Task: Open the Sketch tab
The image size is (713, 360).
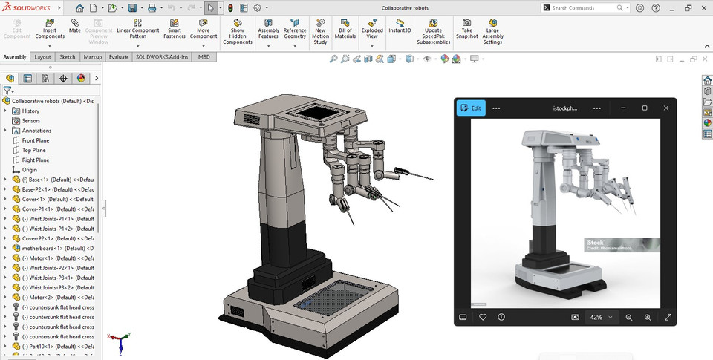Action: coord(67,56)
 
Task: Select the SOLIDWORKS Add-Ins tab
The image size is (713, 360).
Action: coord(162,56)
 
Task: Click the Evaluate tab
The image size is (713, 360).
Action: coord(118,56)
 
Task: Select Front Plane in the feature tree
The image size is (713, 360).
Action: coord(35,140)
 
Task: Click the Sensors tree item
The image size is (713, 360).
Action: coord(30,120)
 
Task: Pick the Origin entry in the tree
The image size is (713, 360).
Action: coord(29,169)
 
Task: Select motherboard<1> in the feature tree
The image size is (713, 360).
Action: coord(45,248)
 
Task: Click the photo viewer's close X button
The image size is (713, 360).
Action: coord(665,108)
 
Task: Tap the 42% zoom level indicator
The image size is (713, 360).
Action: coord(596,317)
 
